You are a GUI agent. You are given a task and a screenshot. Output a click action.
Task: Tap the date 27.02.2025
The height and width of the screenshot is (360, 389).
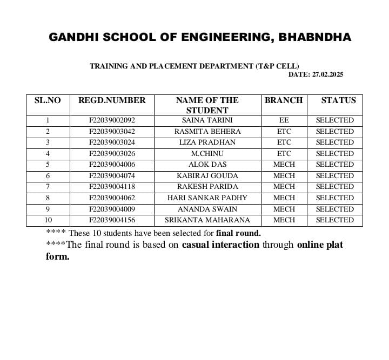point(327,74)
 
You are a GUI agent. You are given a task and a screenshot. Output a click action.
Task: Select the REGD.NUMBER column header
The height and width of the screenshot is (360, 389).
point(112,100)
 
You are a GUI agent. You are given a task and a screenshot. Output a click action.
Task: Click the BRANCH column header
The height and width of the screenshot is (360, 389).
point(284,100)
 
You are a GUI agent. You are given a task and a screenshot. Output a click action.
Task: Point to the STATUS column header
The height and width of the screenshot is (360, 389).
point(338,100)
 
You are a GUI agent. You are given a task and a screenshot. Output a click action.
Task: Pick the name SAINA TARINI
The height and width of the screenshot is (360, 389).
point(207,120)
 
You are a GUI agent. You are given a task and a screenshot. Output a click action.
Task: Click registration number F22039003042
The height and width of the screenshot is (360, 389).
point(112,132)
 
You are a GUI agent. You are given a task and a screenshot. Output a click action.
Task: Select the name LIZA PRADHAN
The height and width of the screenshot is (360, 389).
point(207,142)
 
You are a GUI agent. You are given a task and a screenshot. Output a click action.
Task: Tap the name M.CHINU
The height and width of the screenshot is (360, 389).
point(207,154)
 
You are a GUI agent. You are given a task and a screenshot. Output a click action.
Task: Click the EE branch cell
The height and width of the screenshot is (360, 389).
point(284,120)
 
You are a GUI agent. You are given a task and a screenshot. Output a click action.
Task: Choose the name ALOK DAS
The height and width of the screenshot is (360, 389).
point(207,165)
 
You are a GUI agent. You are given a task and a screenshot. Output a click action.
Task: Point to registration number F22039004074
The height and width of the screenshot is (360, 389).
point(112,176)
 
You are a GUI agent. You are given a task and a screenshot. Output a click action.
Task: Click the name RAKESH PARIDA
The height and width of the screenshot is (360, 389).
point(207,187)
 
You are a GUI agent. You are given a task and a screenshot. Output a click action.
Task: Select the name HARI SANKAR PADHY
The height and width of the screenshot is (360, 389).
point(207,198)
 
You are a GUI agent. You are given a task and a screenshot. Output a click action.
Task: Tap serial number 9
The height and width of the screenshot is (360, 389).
point(48,209)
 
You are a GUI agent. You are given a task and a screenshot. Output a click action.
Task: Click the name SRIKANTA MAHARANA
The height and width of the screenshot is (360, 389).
point(207,220)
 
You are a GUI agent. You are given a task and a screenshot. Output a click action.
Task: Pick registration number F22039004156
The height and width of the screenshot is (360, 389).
point(112,220)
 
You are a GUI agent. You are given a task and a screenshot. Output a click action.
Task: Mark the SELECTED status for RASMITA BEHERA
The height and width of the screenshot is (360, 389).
point(334,132)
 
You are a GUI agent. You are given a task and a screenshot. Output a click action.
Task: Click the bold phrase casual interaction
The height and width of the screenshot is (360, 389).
point(220,245)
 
